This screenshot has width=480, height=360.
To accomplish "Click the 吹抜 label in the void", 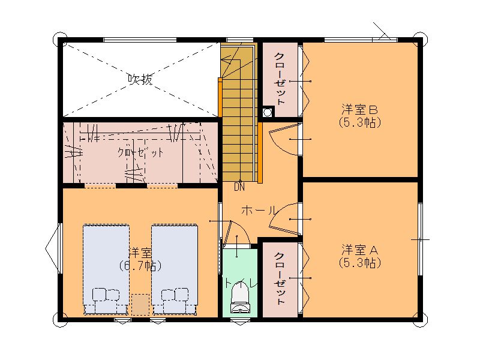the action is [x=140, y=80].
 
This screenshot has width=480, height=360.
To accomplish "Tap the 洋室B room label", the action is [x=359, y=109].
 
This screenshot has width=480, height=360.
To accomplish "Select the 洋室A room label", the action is [x=359, y=250].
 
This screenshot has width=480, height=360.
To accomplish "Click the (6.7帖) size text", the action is [x=140, y=265].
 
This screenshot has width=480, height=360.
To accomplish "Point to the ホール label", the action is [x=259, y=211].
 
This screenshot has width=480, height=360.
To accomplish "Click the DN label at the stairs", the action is [x=239, y=187].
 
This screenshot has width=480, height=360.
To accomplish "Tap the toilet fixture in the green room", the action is [x=240, y=297].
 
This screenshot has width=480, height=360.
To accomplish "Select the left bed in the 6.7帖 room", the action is [x=106, y=269].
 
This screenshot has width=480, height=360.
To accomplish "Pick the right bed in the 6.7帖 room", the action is [x=175, y=269].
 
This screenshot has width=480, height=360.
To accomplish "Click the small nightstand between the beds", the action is [x=140, y=304].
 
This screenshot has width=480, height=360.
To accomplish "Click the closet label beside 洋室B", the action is [x=280, y=79].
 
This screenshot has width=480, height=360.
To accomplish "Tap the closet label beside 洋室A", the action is [x=280, y=279].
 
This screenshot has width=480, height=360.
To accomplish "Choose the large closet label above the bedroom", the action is [x=140, y=152].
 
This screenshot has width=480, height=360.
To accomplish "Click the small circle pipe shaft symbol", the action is [x=268, y=113].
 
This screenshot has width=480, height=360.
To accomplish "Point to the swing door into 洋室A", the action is [x=284, y=220].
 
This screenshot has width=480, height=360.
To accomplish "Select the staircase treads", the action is [x=239, y=113].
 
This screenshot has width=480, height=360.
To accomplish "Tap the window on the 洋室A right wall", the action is [x=421, y=239].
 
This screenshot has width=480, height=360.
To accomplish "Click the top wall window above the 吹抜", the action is [x=140, y=40].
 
